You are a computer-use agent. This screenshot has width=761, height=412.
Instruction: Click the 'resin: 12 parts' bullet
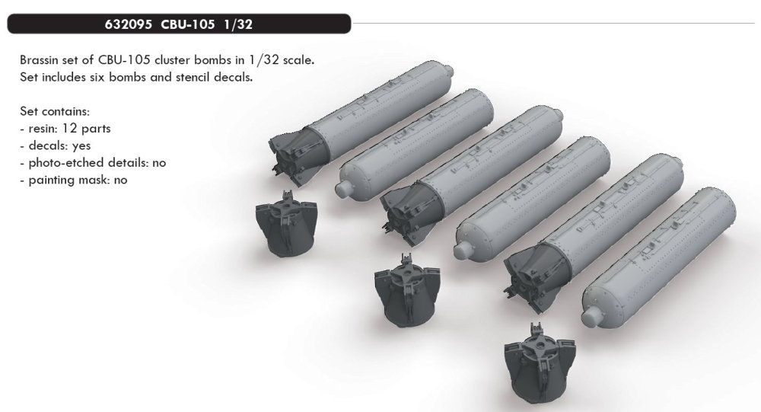[x=67, y=129]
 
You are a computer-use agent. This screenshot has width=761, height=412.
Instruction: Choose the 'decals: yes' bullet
[x=59, y=146]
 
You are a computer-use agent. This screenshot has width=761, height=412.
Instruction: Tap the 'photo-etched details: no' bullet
[x=95, y=163]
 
